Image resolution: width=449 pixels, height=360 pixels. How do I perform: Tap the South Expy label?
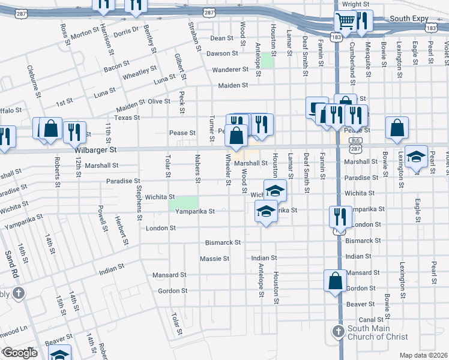(408, 19)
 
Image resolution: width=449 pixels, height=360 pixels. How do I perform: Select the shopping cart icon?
(346, 22)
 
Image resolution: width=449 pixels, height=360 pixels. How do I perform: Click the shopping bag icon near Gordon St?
(335, 281)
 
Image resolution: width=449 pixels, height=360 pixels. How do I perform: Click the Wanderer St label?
(229, 70)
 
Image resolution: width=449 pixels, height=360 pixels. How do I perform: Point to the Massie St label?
(214, 259)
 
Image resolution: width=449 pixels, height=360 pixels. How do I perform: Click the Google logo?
(20, 353)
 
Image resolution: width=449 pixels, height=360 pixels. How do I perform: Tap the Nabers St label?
(197, 169)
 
